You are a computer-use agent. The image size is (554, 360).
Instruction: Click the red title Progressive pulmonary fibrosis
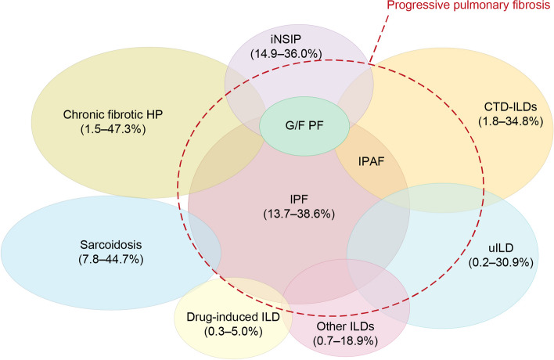tap(470, 5)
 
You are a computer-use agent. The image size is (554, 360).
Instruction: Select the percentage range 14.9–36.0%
tap(286, 54)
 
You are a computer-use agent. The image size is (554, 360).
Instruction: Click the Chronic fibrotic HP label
tap(113, 114)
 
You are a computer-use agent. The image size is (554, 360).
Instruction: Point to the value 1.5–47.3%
tap(113, 129)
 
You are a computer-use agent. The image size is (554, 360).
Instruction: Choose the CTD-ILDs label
tap(510, 106)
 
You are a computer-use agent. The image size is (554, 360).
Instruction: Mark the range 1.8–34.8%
tap(510, 121)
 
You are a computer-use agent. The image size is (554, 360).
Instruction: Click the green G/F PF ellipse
tap(304, 126)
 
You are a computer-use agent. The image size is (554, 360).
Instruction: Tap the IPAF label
tap(372, 161)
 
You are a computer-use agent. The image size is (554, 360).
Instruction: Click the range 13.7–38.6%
tap(299, 214)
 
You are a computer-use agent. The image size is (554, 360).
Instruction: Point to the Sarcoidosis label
tap(111, 244)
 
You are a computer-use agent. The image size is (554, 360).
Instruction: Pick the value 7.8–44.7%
tap(111, 259)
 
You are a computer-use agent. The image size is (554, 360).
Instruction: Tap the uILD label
tap(501, 247)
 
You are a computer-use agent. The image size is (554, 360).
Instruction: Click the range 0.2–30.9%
tap(501, 262)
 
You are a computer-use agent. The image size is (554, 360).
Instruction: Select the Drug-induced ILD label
tap(233, 317)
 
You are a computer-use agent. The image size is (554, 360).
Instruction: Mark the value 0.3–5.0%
tap(233, 331)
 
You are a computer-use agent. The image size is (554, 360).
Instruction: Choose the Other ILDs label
tap(345, 326)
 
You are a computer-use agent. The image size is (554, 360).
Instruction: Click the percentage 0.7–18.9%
tap(345, 341)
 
